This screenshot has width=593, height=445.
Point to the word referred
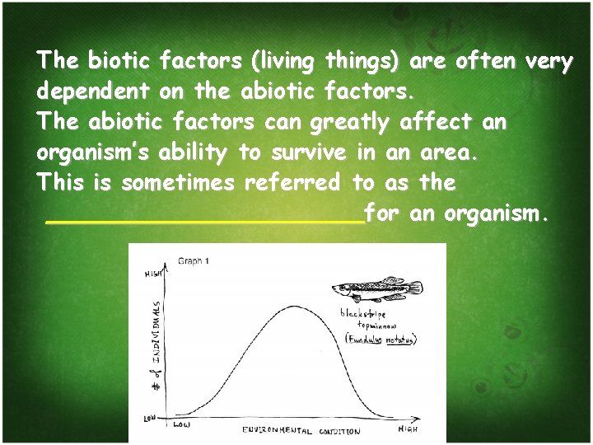point(292,183)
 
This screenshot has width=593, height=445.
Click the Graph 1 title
point(194,261)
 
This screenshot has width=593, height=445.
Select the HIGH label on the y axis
point(153,274)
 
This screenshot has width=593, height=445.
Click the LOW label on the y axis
point(151,419)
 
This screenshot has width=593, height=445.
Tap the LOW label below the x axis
point(183,425)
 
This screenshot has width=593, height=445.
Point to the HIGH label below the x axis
point(408,429)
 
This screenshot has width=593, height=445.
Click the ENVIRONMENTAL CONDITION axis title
point(301,430)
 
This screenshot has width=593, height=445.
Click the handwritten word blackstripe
point(364,313)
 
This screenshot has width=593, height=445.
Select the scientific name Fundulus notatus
point(381,340)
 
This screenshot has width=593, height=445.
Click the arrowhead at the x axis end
point(419,419)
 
